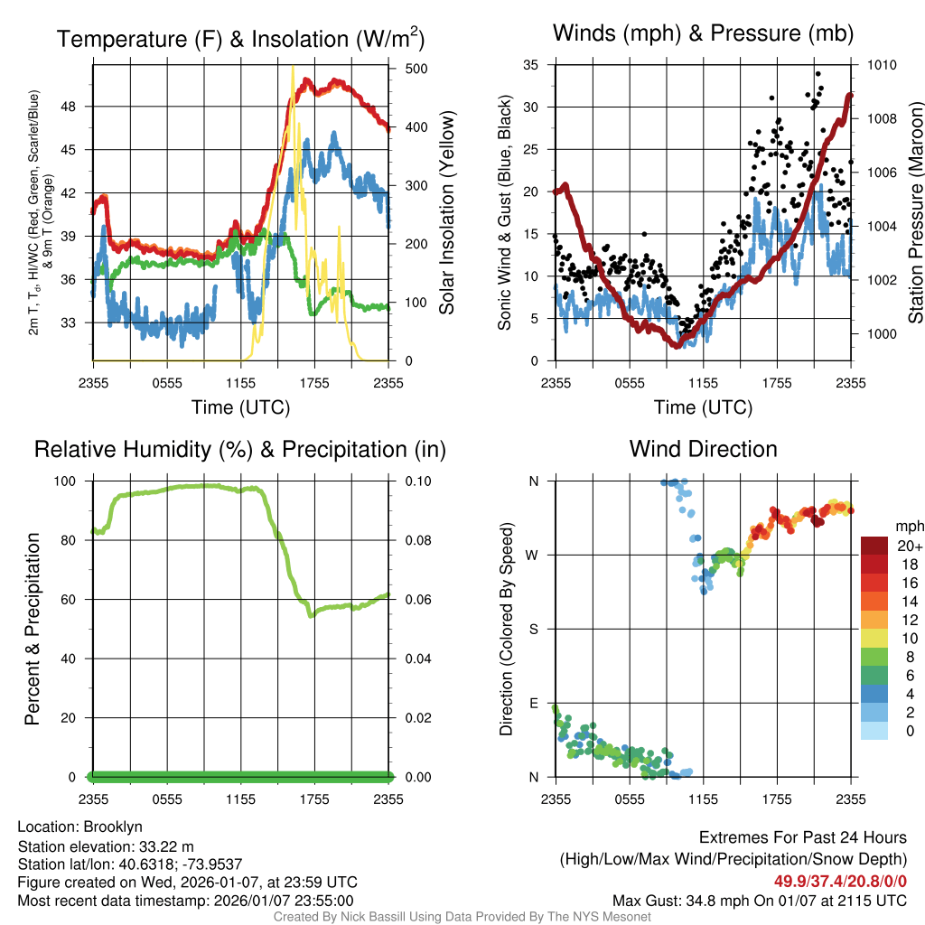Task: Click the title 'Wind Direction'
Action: tap(703, 449)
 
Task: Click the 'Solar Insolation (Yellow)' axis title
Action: tap(446, 213)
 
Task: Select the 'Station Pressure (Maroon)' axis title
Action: tap(915, 213)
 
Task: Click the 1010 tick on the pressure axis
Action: tap(881, 65)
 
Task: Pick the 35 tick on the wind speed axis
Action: tap(531, 65)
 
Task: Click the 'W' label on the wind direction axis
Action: tap(533, 555)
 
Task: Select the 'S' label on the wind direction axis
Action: tap(533, 629)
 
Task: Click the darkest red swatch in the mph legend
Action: tap(874, 546)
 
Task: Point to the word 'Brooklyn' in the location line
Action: tap(113, 827)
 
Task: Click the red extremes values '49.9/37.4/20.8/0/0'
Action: tap(840, 881)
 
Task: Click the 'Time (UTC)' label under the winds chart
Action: tap(703, 407)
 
